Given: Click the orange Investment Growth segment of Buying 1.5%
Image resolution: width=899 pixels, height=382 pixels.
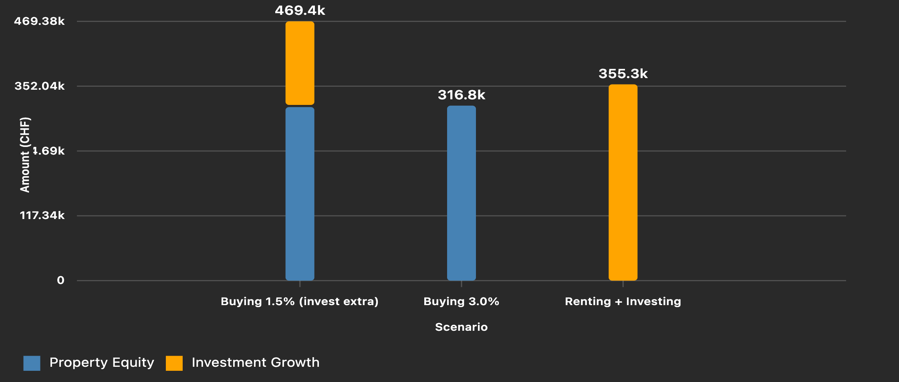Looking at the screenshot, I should click(x=300, y=63).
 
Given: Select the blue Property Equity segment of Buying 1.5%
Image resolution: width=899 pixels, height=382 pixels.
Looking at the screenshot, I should click(x=300, y=193).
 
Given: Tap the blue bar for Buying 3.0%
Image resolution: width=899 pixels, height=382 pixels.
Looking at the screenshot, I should click(x=461, y=193).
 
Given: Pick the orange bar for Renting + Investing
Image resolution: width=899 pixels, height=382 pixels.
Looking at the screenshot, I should click(x=623, y=182).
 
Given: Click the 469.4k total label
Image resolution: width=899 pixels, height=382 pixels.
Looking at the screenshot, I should click(x=300, y=10).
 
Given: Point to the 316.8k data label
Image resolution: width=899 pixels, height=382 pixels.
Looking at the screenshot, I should click(x=461, y=95).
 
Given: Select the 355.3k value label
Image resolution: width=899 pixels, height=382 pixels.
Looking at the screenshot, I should click(x=623, y=74).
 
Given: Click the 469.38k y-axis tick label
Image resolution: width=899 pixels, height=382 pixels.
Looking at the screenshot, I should click(x=39, y=21).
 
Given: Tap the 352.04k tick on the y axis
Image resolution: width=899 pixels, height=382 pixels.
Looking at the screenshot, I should click(x=39, y=86).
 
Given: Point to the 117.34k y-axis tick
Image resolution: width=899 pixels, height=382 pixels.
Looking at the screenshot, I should click(x=42, y=215).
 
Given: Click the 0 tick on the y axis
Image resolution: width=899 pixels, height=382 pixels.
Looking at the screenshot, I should click(x=60, y=280).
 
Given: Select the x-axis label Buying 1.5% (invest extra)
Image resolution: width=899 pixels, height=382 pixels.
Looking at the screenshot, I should click(x=299, y=302).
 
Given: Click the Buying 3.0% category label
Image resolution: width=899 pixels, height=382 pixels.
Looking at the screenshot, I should click(x=461, y=302).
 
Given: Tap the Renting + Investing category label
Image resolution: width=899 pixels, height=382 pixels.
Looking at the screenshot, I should click(x=623, y=302).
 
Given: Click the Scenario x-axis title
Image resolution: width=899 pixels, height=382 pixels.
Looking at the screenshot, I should click(x=461, y=327).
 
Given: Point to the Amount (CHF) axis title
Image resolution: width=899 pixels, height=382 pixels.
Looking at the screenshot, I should click(x=25, y=155).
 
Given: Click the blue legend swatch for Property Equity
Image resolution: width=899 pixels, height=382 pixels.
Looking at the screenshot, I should click(x=32, y=363).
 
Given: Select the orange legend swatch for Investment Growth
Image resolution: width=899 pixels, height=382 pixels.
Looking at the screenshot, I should click(x=174, y=363).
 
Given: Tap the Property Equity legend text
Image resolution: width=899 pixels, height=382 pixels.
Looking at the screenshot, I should click(x=102, y=362).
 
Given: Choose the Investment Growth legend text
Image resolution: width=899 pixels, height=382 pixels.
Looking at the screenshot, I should click(x=256, y=362).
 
